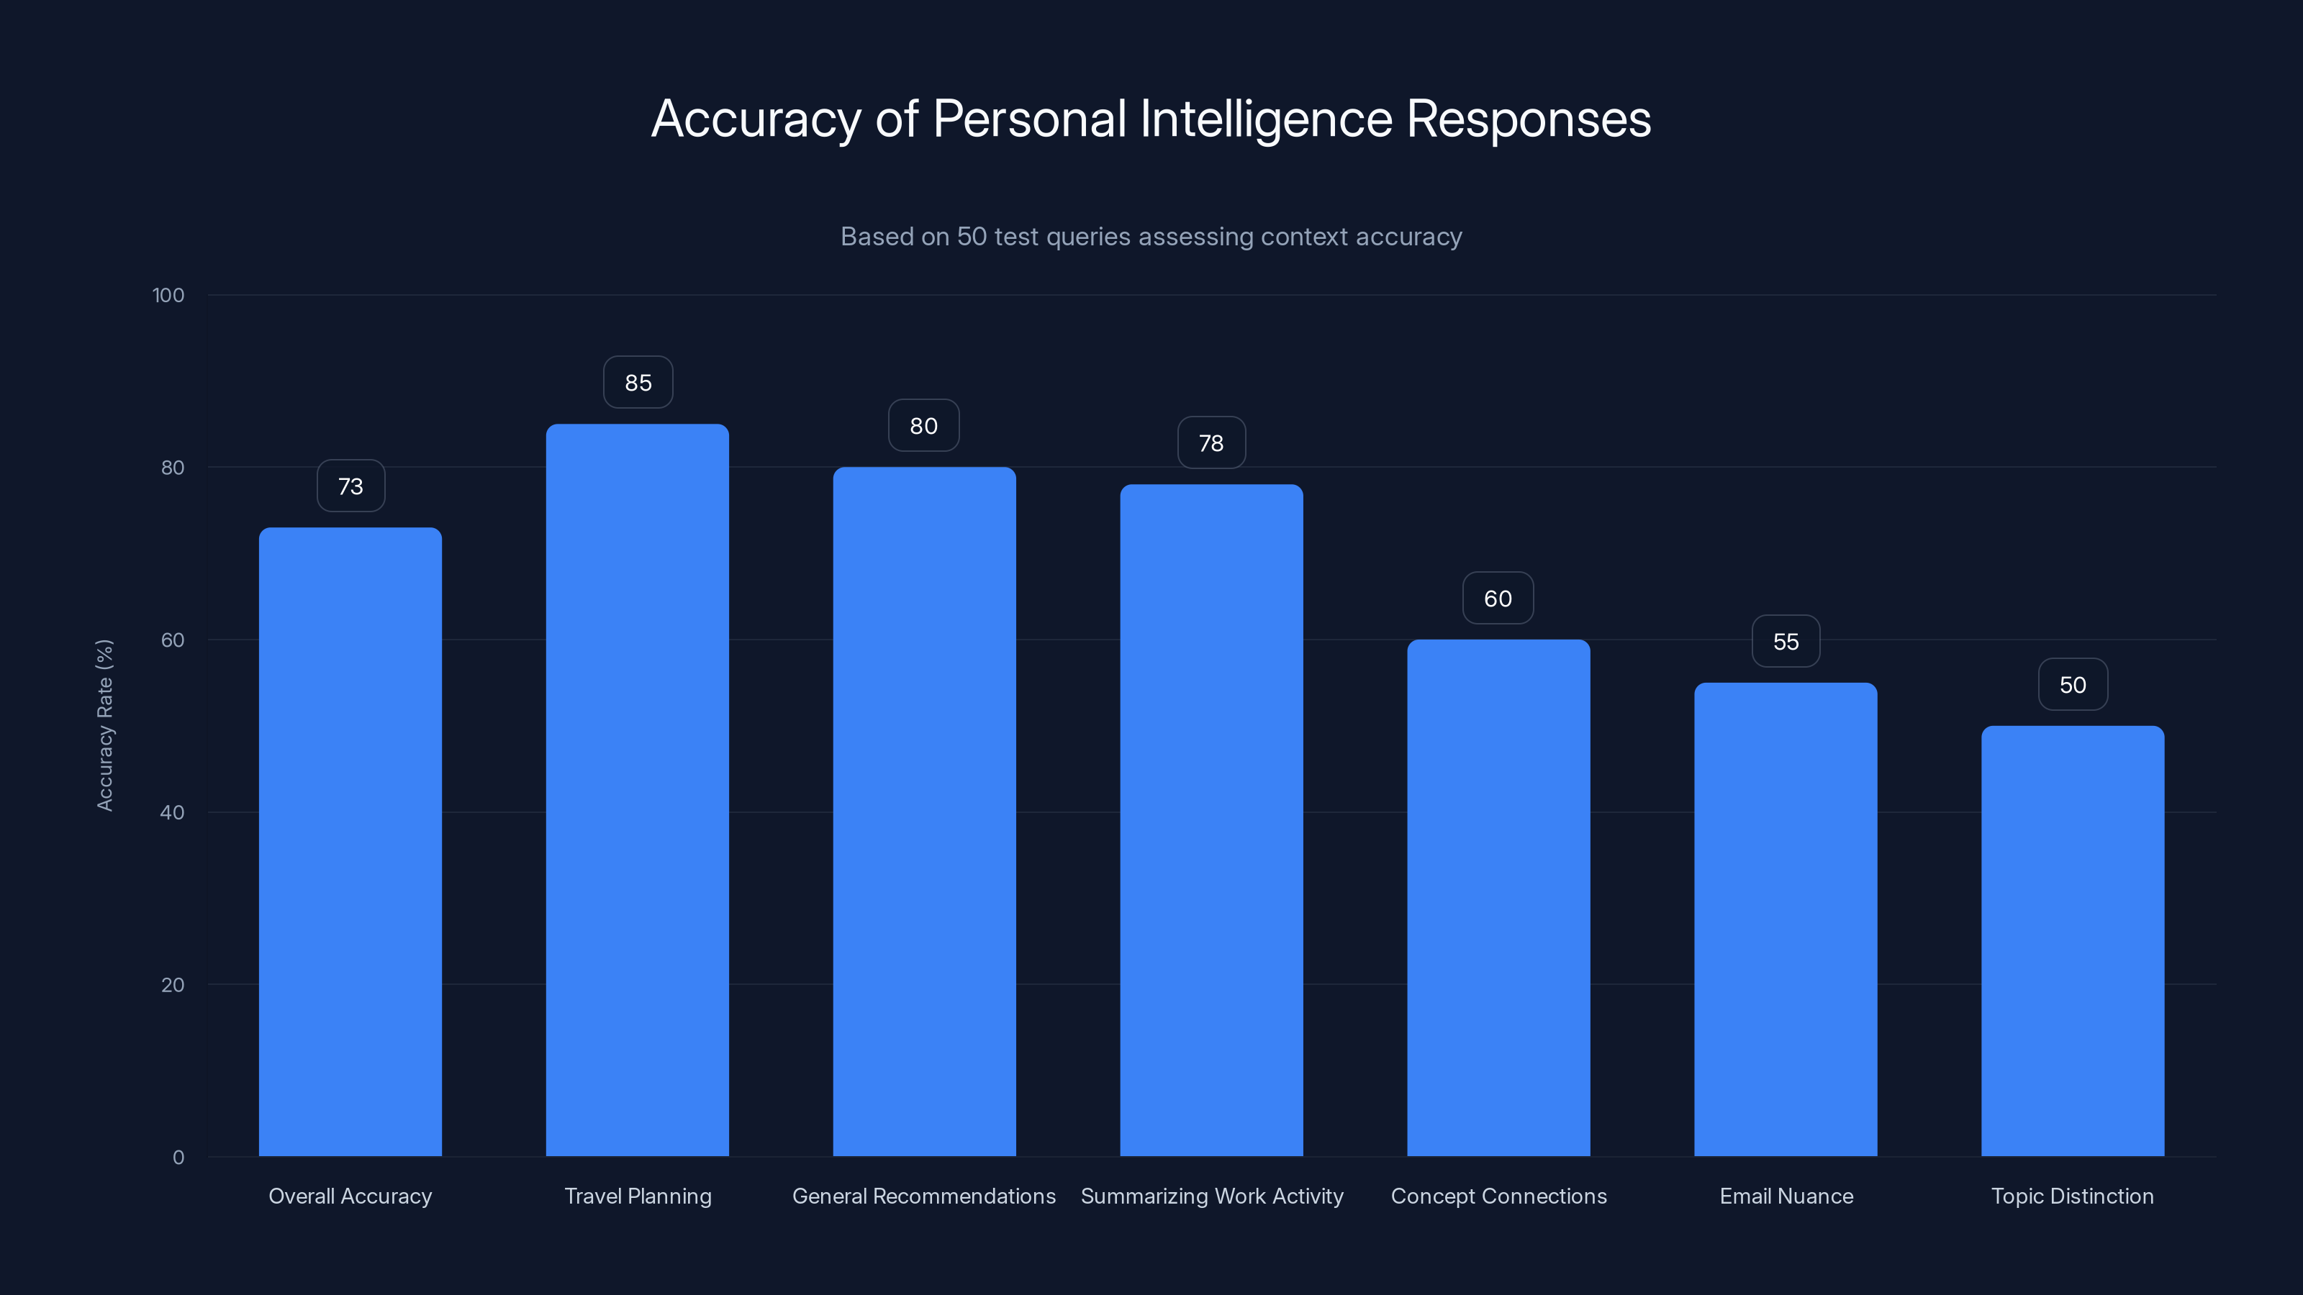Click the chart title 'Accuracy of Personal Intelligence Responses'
point(1151,119)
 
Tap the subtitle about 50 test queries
point(1151,237)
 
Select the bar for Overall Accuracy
point(350,841)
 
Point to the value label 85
point(638,383)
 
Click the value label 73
point(350,486)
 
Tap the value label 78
point(1211,443)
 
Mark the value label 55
point(1786,642)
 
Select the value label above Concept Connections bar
point(1498,599)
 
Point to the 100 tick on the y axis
point(168,296)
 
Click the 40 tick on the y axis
point(173,812)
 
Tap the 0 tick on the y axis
point(178,1158)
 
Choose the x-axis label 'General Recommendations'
point(923,1196)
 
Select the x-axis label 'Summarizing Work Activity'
point(1211,1196)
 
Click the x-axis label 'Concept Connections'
point(1498,1196)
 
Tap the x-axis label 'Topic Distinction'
point(2073,1196)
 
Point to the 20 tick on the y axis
point(173,985)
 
